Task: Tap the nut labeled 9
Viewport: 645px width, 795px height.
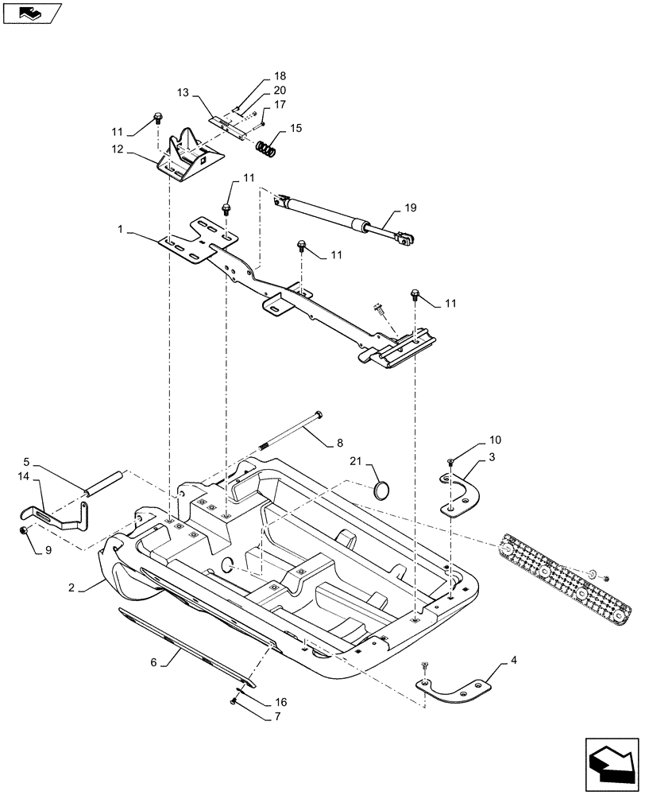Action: pos(25,532)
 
